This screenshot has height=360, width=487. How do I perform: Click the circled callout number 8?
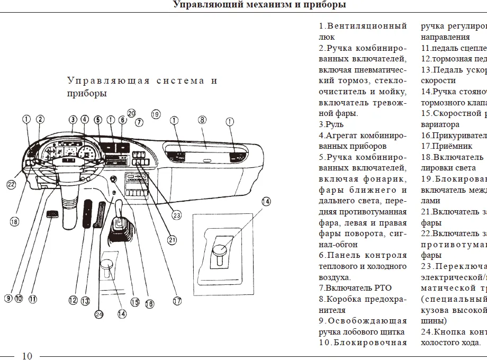[202, 120]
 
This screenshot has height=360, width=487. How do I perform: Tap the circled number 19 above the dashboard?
[155, 114]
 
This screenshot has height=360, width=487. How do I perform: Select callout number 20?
[131, 113]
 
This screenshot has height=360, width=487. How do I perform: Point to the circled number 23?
[176, 215]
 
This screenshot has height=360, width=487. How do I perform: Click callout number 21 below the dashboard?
[172, 240]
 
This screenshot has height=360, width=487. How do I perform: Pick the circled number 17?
[177, 301]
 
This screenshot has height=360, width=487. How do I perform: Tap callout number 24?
[98, 314]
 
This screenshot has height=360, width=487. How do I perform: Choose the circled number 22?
[11, 184]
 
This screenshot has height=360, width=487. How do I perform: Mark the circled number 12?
[73, 300]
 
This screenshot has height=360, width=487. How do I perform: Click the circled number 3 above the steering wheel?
[73, 120]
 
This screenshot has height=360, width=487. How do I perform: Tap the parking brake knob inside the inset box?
[220, 249]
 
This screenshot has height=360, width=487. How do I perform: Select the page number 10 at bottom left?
[27, 356]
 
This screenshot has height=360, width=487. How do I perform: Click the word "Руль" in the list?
[335, 124]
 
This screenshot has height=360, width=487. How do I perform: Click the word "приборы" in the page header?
[327, 5]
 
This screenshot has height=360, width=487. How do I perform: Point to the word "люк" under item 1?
[327, 37]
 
